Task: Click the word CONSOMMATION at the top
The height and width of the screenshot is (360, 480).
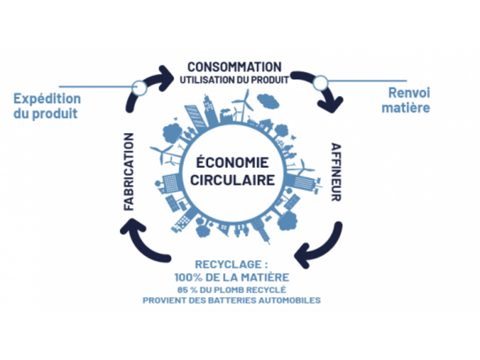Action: point(234,67)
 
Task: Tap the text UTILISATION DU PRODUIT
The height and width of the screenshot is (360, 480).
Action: point(234,78)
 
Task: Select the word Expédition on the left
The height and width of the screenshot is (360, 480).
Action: point(47,99)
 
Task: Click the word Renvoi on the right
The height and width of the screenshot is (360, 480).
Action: point(405,94)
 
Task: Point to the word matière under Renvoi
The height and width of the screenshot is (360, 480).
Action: point(405,108)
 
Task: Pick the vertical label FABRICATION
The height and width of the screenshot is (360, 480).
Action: point(128,171)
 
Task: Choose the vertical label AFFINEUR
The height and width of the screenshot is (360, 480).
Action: point(336,172)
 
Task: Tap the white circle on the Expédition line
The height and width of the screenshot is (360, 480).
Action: point(138,86)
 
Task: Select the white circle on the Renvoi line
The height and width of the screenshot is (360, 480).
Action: point(320,82)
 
